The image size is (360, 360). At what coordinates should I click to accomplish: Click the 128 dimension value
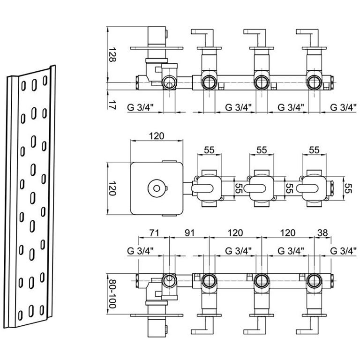112,55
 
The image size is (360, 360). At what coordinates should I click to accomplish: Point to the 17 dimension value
112,104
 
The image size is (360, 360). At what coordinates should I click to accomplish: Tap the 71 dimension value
154,233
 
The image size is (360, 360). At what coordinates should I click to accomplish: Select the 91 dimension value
189,233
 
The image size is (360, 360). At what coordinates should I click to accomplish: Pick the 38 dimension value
322,233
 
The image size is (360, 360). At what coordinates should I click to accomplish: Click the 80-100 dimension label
112,294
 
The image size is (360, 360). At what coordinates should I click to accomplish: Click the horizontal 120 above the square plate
157,136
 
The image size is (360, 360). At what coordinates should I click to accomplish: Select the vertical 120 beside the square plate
112,188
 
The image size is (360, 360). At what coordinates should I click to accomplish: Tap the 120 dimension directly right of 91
235,233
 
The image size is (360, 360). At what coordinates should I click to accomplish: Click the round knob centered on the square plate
157,188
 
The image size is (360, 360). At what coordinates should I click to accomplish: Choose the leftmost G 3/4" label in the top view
140,107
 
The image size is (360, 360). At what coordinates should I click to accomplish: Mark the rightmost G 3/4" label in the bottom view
343,251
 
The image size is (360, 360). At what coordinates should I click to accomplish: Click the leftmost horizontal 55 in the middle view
209,150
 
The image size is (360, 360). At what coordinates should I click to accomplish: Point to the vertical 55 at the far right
348,188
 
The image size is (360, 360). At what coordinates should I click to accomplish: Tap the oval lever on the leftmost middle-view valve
202,188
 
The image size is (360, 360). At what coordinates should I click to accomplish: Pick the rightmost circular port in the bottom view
314,281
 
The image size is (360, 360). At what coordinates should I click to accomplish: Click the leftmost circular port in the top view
169,82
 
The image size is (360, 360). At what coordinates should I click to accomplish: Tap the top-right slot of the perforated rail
45,81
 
